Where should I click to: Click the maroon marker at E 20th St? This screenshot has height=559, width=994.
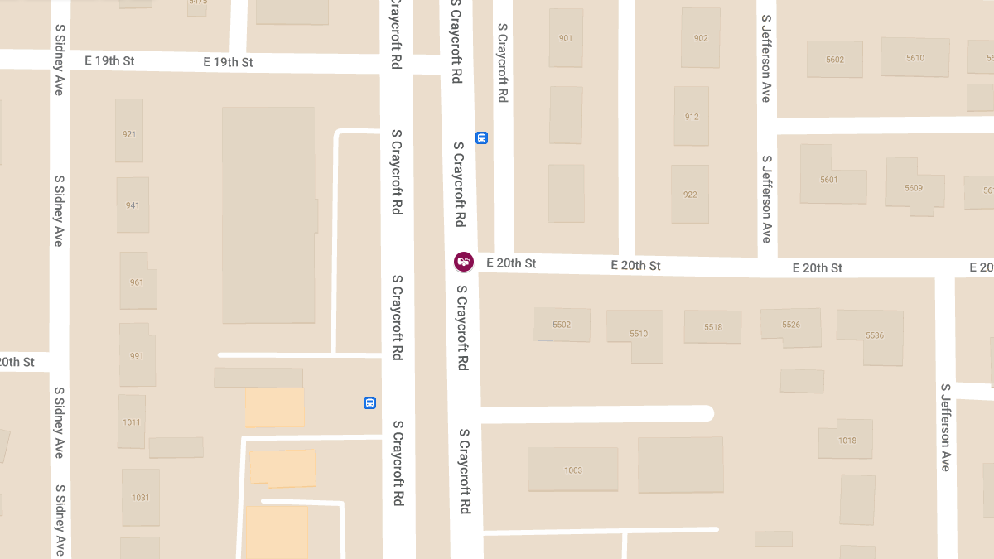tap(464, 263)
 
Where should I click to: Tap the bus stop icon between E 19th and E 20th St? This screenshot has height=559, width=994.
tap(481, 138)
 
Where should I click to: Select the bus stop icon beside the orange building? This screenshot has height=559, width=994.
tap(369, 403)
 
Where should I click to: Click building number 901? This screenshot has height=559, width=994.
tap(566, 38)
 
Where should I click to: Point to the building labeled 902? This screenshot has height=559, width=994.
tap(701, 38)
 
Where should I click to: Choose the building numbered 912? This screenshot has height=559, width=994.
tap(692, 116)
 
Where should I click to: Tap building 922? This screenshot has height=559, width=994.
tap(690, 195)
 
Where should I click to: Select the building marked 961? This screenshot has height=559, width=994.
tap(136, 282)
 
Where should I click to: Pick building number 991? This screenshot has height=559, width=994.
tap(137, 355)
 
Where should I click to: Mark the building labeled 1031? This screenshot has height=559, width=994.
tap(141, 497)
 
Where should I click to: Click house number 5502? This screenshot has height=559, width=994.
tap(562, 325)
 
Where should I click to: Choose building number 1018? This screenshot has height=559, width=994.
tap(846, 441)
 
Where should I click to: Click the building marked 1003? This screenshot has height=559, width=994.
tap(573, 470)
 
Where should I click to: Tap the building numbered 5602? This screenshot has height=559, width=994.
tap(835, 59)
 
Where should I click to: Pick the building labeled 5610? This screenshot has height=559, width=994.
tap(914, 57)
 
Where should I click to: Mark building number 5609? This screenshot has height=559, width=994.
tap(913, 186)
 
